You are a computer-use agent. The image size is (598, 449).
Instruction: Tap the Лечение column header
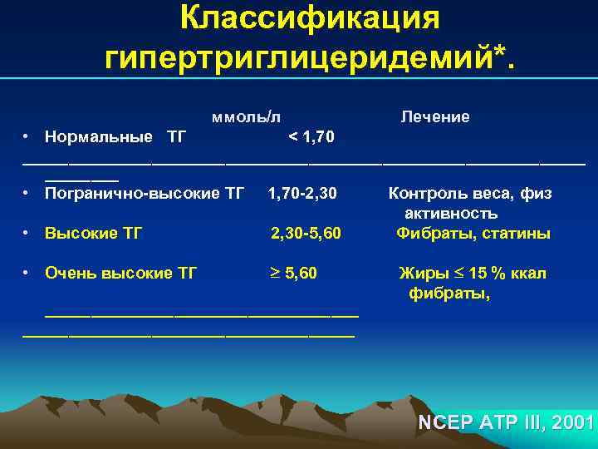(435, 117)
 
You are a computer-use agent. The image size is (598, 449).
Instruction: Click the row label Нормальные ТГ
(115, 136)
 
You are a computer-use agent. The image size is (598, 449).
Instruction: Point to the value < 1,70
(311, 136)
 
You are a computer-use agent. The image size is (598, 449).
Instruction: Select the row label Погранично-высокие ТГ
(145, 194)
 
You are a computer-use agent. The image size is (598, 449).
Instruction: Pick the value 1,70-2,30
(302, 194)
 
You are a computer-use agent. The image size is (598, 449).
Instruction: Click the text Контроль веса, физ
(470, 194)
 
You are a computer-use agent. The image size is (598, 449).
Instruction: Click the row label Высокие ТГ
(93, 234)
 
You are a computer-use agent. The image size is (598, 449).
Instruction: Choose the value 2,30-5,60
(306, 234)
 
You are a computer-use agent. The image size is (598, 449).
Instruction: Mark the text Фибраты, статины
(473, 234)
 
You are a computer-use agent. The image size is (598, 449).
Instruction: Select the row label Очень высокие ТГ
(120, 274)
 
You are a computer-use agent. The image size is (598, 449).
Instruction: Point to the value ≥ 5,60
(294, 274)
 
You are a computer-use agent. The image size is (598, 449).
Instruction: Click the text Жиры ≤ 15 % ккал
(473, 274)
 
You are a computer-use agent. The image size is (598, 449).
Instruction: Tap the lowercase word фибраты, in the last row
(448, 294)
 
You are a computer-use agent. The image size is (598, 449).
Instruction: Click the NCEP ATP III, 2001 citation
(506, 422)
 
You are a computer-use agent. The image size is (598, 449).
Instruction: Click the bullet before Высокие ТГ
(27, 233)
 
